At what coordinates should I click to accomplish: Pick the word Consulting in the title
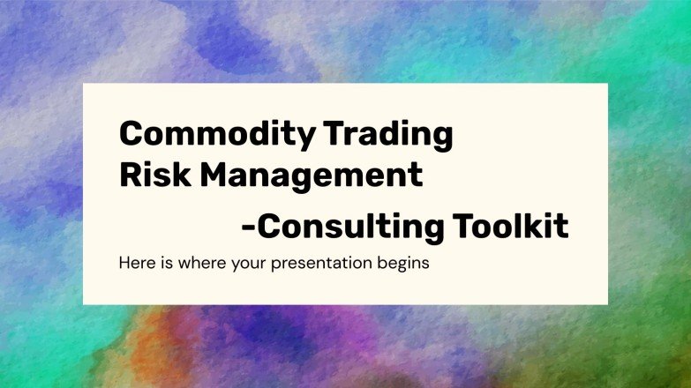[352, 226]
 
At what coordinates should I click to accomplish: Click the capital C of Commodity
[131, 134]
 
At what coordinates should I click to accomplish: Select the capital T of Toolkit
[466, 226]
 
